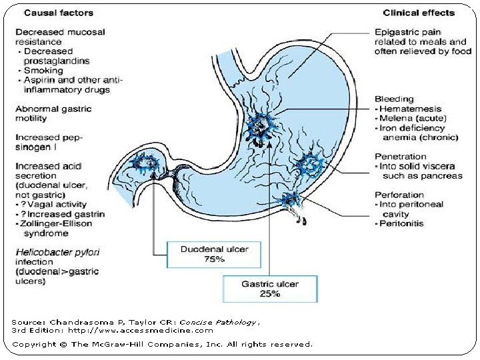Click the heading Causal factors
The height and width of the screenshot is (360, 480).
[50, 13]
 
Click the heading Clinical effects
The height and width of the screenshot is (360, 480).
[419, 13]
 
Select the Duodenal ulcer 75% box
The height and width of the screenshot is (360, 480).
[205, 254]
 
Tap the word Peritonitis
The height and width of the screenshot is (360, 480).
[403, 223]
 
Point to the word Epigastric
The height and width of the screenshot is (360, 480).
[397, 32]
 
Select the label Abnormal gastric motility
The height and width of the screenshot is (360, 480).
[53, 113]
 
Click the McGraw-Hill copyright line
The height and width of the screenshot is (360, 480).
[162, 344]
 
